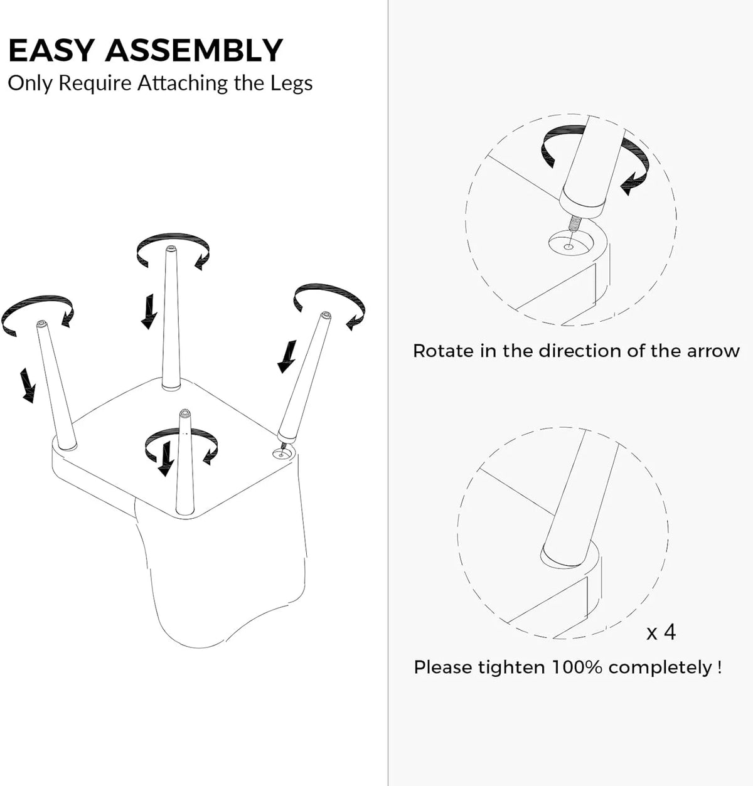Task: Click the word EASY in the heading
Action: [x=51, y=50]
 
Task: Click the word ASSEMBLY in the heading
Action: [x=194, y=50]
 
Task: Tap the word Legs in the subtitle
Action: [x=291, y=83]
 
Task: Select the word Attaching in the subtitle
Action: [x=182, y=83]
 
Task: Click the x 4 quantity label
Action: [x=661, y=632]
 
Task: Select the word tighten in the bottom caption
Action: [x=511, y=667]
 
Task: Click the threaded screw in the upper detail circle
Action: [x=574, y=223]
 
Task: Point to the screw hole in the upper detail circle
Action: [x=569, y=245]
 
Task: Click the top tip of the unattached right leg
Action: [x=326, y=315]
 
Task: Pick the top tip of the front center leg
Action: [x=185, y=413]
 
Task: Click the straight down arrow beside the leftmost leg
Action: [x=28, y=385]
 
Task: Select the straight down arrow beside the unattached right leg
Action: [x=287, y=356]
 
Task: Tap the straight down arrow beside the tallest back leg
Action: [x=149, y=311]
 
